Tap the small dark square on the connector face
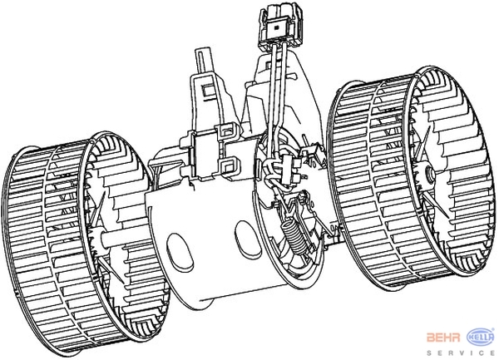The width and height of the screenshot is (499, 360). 276,27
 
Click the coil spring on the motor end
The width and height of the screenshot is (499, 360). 295,235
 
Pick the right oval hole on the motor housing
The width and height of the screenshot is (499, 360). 247,239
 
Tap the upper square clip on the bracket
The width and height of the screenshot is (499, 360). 227,131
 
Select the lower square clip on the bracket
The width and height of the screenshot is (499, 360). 228,167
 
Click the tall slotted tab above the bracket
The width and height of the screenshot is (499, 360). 204,62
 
